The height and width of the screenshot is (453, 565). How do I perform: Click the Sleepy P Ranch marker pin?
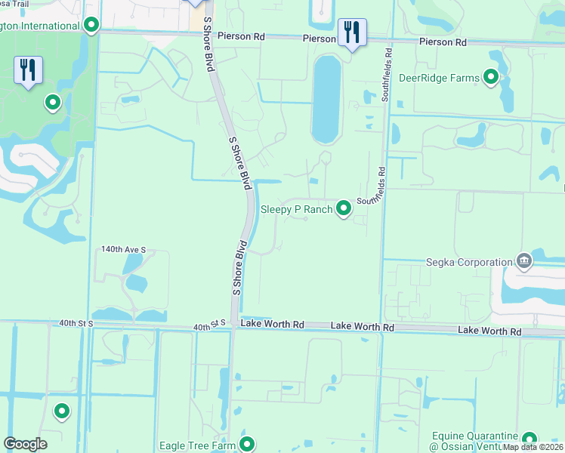(344, 208)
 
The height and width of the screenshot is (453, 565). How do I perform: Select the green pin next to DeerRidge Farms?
(491, 77)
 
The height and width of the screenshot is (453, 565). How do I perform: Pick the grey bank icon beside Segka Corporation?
(523, 262)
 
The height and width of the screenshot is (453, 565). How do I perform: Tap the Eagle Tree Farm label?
(198, 445)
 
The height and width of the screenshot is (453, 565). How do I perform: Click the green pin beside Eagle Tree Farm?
(246, 445)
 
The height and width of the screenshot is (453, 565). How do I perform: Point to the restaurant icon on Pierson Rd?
(352, 32)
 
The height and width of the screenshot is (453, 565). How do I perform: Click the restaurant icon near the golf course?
(28, 71)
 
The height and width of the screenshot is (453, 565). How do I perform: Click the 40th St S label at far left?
(76, 323)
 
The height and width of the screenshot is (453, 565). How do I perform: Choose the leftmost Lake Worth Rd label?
(272, 324)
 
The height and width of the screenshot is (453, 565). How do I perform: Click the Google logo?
(25, 444)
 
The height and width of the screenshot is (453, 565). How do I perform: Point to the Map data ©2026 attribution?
(533, 447)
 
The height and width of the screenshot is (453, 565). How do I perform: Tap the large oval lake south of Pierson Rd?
(326, 98)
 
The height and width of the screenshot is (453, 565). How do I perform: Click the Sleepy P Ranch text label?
(296, 209)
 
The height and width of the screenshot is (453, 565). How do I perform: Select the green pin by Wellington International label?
(91, 26)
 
